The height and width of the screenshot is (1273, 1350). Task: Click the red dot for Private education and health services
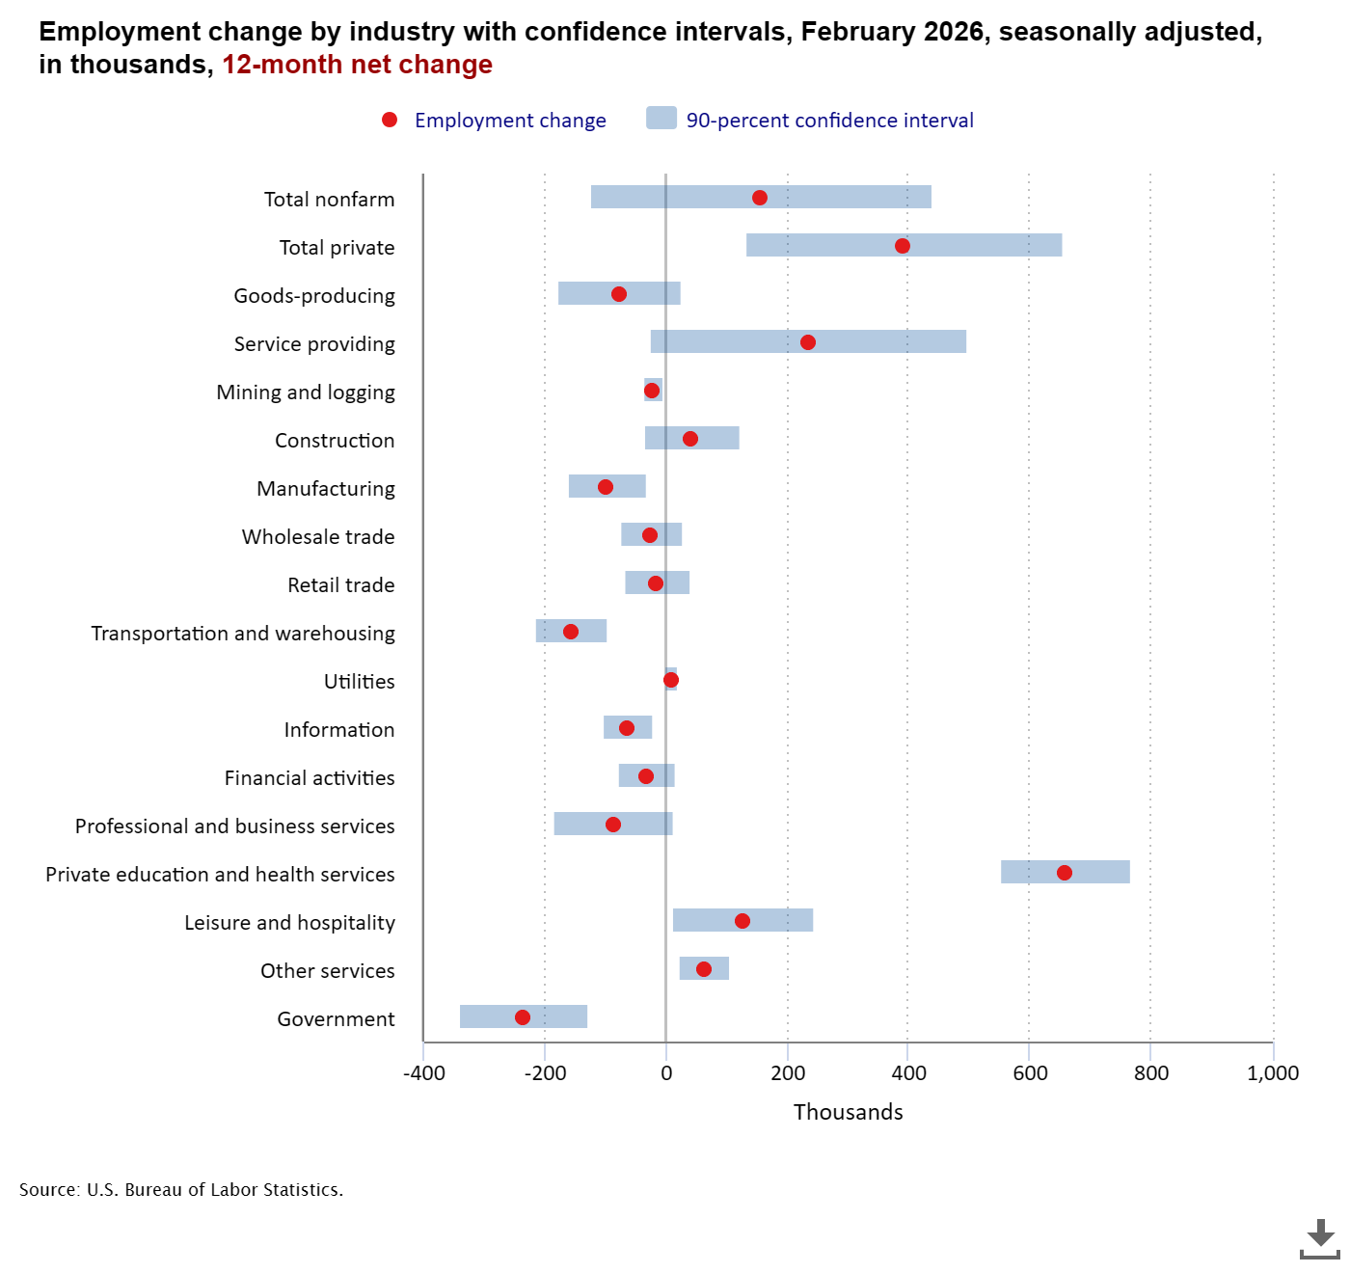1064,873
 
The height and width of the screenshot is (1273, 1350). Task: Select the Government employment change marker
523,1017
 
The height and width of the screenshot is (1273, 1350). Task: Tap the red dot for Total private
902,246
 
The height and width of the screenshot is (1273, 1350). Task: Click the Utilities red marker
671,680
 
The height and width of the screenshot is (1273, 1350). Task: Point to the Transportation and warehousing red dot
571,632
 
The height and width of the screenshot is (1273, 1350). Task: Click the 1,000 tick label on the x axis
1273,1073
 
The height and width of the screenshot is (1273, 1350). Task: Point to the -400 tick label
423,1073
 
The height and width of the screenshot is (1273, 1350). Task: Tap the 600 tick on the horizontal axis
1030,1073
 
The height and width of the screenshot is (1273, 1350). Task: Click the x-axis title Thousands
848,1112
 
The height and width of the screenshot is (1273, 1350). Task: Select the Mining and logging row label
306,393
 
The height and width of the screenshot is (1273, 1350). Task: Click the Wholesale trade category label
318,537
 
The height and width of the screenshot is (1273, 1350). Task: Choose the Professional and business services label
235,826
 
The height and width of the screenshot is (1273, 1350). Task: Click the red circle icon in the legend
390,120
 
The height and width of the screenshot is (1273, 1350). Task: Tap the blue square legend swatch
661,119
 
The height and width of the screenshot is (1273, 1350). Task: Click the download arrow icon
1319,1238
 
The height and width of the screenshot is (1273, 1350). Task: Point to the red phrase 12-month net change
357,65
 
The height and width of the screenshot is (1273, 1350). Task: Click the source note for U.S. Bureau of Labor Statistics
181,1190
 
